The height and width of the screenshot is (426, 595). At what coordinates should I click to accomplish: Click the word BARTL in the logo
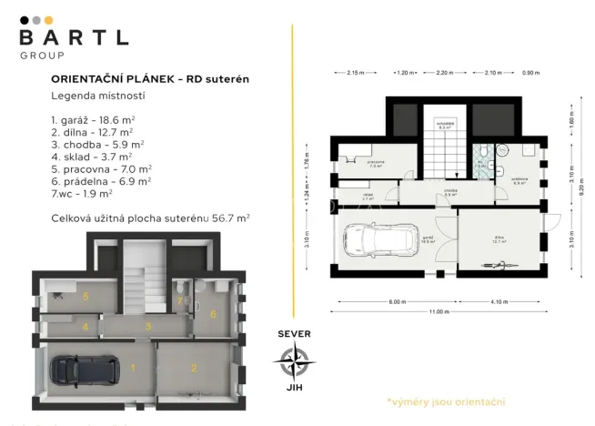pos(74,37)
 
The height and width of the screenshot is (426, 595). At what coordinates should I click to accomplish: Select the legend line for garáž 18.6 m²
pos(94,119)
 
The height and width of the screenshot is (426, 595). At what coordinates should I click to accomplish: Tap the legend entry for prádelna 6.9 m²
pos(101,180)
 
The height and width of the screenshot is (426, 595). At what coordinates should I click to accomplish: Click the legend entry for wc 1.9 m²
pos(82,193)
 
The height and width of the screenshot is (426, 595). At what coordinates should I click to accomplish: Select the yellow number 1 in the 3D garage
pos(132,368)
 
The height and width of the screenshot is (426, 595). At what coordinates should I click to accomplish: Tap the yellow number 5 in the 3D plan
pos(86,297)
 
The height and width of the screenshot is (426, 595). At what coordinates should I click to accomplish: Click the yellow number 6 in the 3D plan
pos(214,314)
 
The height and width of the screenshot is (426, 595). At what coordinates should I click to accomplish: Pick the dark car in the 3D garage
pos(84,369)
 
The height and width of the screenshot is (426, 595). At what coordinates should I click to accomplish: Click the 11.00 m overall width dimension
pos(439,312)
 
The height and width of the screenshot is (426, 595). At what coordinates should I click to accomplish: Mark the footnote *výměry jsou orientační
pos(445,401)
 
